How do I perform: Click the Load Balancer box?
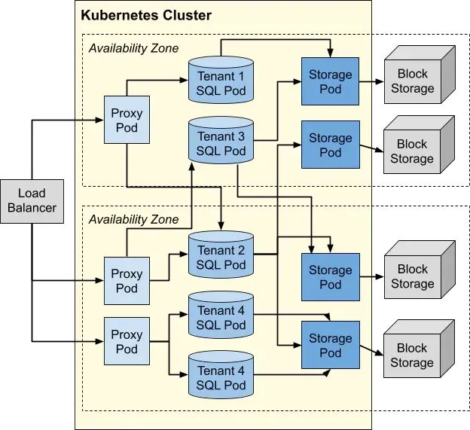pyautogui.click(x=32, y=200)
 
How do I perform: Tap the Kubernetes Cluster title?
pyautogui.click(x=146, y=15)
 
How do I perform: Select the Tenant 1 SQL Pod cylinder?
pyautogui.click(x=221, y=82)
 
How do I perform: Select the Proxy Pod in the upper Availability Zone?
pyautogui.click(x=127, y=120)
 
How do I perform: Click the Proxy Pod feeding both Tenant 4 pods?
pyautogui.click(x=127, y=341)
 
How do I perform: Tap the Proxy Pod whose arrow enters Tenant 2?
pyautogui.click(x=127, y=281)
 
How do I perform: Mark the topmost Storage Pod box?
pyautogui.click(x=330, y=81)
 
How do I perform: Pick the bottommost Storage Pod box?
pyautogui.click(x=330, y=345)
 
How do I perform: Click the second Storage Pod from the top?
pyautogui.click(x=330, y=145)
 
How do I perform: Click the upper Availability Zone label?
pyautogui.click(x=134, y=48)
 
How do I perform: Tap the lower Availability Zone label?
pyautogui.click(x=134, y=220)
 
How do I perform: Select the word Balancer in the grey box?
pyautogui.click(x=32, y=208)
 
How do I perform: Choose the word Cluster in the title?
pyautogui.click(x=188, y=15)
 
